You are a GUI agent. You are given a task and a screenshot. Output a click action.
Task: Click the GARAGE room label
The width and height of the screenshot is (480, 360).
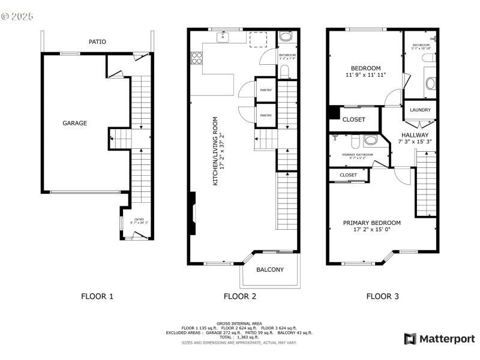[x=75, y=123]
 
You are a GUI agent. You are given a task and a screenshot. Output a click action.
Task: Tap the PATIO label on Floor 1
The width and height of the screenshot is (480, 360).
[x=97, y=42]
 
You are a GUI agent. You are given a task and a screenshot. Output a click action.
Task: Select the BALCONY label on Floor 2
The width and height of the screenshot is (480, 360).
[x=270, y=269]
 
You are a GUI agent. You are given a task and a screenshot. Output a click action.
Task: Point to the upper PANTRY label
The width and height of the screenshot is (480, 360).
[x=266, y=90]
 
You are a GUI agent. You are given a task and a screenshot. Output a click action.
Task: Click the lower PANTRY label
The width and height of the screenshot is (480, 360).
[x=266, y=115]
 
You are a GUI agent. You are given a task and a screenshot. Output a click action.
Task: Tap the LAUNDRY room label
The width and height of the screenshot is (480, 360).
[x=420, y=110]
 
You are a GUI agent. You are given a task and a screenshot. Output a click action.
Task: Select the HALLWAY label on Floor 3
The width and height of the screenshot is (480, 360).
[x=415, y=135]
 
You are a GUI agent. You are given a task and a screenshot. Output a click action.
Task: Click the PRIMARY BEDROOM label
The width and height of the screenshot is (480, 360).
[x=372, y=223]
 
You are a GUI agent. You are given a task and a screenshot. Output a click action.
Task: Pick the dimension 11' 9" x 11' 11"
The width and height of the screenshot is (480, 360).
[x=366, y=76]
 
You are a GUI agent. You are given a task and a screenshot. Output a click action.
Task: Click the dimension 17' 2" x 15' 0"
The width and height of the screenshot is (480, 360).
[x=372, y=230]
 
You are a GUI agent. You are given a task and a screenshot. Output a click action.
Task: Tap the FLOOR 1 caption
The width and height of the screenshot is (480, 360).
[x=97, y=296]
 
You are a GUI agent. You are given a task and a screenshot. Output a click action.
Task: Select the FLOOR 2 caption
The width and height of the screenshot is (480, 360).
[x=240, y=296]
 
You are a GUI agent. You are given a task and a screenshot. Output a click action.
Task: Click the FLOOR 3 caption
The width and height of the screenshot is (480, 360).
[x=383, y=296]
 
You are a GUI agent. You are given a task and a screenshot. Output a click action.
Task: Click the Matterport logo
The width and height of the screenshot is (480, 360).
[x=440, y=339]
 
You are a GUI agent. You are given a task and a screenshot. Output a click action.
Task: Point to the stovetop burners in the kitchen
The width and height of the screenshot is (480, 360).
[x=196, y=58]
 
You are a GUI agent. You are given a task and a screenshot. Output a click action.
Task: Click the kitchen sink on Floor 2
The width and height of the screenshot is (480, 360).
[x=224, y=37]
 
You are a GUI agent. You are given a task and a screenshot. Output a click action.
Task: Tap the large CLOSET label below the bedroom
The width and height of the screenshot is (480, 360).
[x=353, y=119]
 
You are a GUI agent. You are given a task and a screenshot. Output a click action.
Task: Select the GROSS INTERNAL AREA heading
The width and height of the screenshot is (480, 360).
[x=239, y=323]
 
